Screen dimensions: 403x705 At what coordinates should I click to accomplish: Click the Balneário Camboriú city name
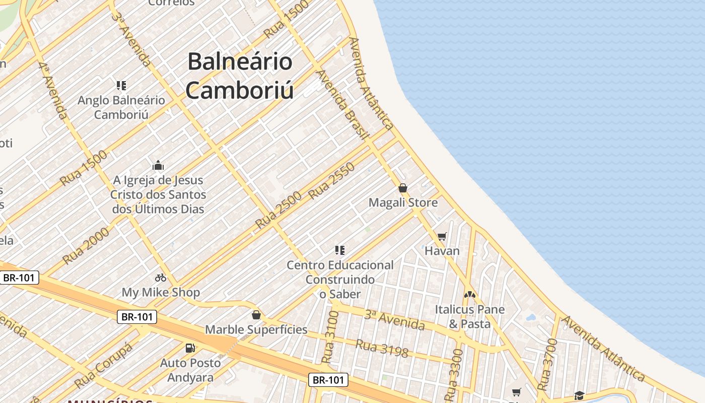click(240, 76)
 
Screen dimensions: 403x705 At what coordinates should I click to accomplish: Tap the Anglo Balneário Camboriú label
click(121, 107)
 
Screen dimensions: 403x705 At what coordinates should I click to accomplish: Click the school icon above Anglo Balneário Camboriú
click(121, 86)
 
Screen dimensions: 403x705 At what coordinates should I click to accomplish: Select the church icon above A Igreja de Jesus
click(158, 165)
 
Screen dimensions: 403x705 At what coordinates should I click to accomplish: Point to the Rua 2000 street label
click(86, 245)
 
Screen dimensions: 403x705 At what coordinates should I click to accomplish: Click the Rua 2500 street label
click(278, 210)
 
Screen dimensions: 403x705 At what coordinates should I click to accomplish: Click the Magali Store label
click(403, 203)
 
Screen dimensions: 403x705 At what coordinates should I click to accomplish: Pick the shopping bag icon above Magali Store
click(403, 188)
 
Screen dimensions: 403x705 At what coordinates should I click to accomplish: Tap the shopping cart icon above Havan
click(442, 236)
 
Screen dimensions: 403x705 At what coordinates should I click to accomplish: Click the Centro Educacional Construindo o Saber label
click(340, 279)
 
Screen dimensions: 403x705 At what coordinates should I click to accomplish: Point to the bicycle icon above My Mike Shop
click(161, 277)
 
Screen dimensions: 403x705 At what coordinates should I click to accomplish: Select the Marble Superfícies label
click(256, 329)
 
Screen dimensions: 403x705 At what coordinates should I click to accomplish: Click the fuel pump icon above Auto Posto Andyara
click(190, 348)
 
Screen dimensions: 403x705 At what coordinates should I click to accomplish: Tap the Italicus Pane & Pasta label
click(469, 316)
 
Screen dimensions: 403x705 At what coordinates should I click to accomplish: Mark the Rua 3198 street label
click(382, 348)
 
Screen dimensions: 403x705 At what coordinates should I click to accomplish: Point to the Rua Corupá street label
click(103, 366)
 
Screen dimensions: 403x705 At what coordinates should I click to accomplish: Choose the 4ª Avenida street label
click(53, 90)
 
